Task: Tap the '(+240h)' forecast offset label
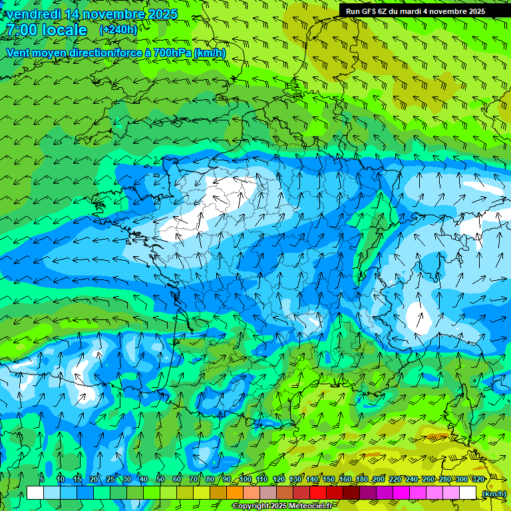(118, 30)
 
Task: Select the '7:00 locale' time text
(47, 30)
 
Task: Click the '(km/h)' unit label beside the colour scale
(494, 493)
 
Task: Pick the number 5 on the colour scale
(42, 480)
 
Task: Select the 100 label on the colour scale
(246, 480)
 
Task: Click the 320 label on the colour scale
(478, 480)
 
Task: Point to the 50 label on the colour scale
(160, 480)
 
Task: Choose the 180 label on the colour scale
(362, 480)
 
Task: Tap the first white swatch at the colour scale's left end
(35, 493)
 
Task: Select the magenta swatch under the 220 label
(401, 493)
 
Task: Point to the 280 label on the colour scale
(444, 480)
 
